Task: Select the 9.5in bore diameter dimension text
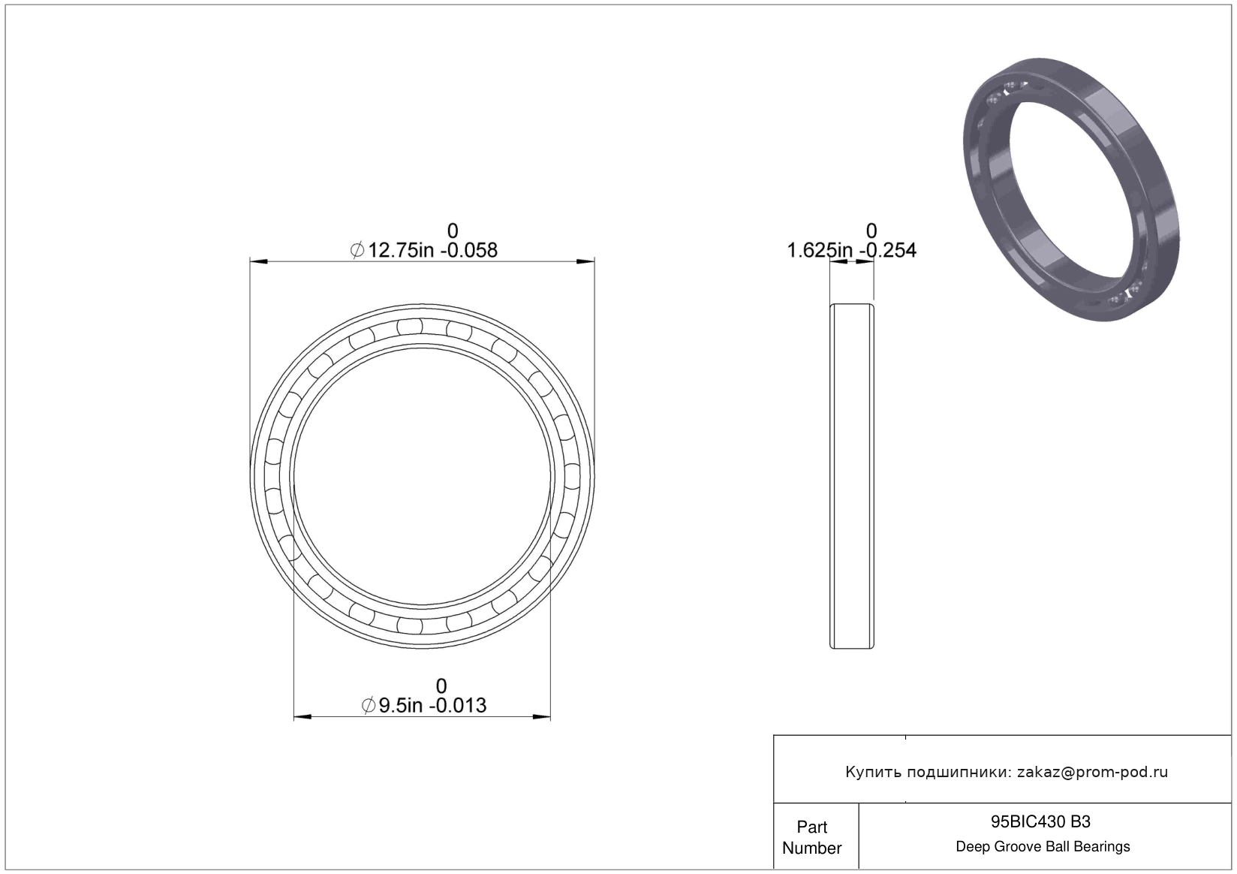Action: tap(400, 706)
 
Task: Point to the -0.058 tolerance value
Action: tap(469, 250)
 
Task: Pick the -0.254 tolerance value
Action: tap(887, 250)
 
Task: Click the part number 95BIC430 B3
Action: tap(1040, 821)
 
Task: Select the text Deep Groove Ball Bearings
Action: tap(1043, 846)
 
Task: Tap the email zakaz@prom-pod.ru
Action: tap(1092, 772)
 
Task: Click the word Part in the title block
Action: tap(812, 827)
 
